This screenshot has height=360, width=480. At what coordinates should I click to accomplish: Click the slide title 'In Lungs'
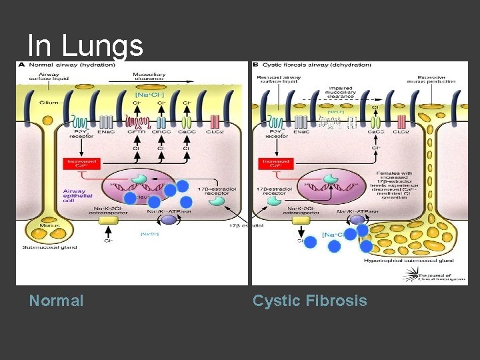point(85,46)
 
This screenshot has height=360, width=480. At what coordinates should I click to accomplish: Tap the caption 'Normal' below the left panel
point(57,301)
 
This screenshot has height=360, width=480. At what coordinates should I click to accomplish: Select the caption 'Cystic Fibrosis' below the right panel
point(309,301)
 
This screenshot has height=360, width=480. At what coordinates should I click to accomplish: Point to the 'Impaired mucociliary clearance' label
point(339,91)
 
